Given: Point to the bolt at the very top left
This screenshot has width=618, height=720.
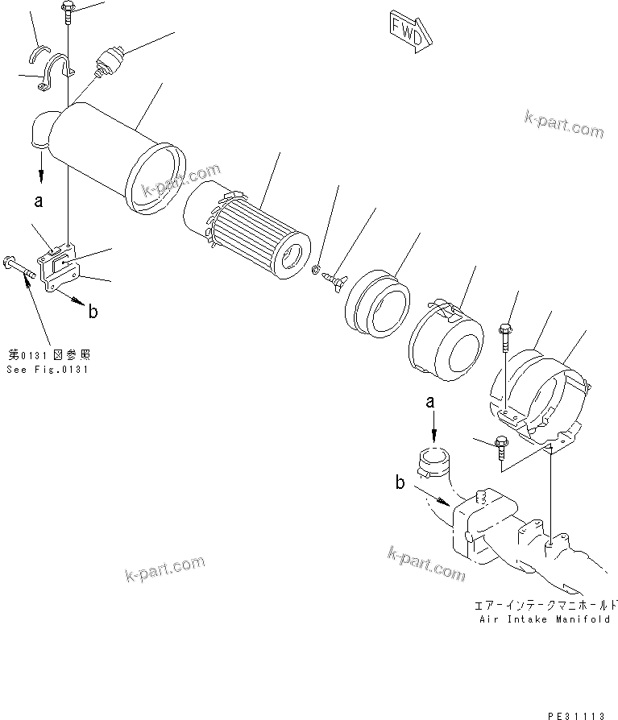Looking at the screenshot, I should point(66,10).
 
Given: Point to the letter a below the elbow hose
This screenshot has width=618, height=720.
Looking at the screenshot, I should point(38,202).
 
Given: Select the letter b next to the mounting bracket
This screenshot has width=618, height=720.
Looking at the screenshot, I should point(93,312).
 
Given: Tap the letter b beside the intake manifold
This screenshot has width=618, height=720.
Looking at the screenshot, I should point(400,483).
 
